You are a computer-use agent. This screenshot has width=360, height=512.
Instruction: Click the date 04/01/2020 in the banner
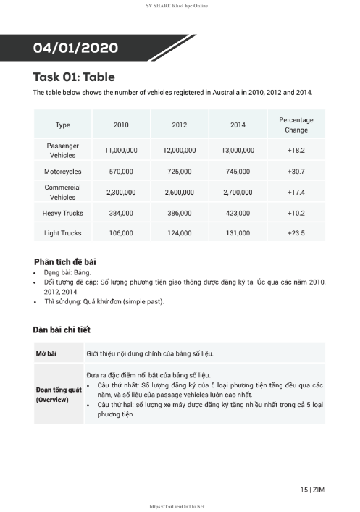click(75, 49)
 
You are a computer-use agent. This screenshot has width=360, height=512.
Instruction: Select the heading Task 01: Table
click(74, 77)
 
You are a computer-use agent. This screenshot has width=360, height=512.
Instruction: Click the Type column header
click(62, 125)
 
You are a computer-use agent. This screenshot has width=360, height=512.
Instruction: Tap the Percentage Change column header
click(296, 125)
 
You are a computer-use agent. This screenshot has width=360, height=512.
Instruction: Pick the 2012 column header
click(180, 125)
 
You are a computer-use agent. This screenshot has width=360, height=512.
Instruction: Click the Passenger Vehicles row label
click(62, 150)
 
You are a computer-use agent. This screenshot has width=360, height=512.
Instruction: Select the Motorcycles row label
click(62, 172)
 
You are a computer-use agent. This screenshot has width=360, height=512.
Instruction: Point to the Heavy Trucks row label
click(62, 213)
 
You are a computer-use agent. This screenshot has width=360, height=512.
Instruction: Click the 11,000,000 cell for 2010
click(121, 150)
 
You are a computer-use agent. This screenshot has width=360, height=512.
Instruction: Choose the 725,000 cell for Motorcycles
click(180, 172)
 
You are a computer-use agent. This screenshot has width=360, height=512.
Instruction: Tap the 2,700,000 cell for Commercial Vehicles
click(238, 193)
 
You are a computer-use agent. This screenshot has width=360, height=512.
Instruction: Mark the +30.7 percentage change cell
click(296, 172)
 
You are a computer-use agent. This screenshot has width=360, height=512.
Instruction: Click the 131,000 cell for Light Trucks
click(238, 233)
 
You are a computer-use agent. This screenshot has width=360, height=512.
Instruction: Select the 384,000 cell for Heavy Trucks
click(121, 213)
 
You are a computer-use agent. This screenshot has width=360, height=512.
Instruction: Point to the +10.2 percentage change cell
click(296, 213)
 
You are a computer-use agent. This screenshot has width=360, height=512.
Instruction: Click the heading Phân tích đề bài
click(65, 261)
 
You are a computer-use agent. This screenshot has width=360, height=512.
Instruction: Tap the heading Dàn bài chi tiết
click(62, 330)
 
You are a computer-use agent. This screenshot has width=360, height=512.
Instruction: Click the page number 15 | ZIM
click(312, 490)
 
